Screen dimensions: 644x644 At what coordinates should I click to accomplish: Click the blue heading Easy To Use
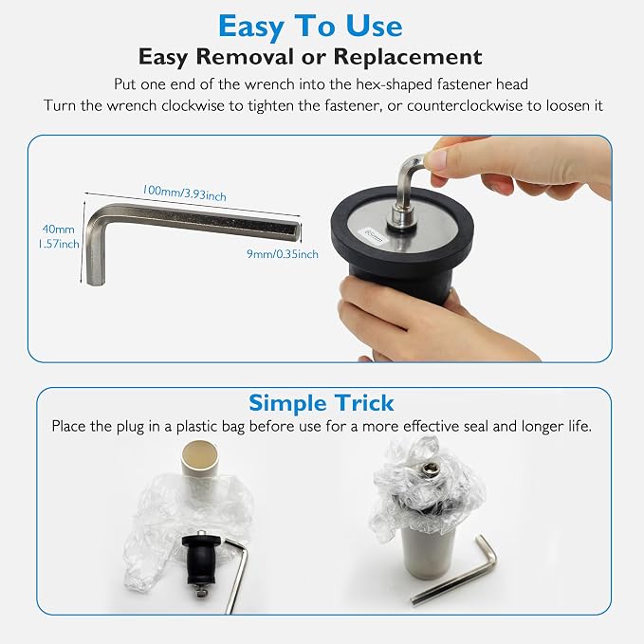coord(310,27)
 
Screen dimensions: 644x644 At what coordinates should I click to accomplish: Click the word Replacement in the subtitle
coord(408,57)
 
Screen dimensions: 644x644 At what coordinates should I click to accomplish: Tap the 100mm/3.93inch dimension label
coord(184,193)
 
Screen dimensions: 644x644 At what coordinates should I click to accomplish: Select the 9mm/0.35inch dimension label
coord(283,254)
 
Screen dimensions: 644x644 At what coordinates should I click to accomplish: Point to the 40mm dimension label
coord(58,230)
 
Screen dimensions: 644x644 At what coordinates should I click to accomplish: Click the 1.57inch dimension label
coord(58,244)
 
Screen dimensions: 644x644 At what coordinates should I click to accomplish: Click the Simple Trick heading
coord(322,402)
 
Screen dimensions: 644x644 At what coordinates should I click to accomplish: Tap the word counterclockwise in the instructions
coord(464,105)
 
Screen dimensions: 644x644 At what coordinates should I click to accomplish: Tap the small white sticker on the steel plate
coord(374,236)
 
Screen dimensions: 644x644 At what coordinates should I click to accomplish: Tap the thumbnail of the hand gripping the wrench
coord(436,159)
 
